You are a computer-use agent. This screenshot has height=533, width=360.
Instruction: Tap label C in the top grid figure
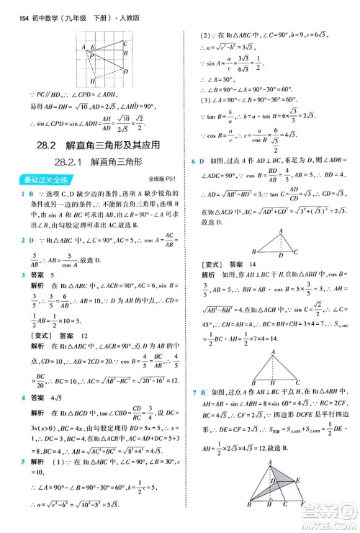126,44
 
